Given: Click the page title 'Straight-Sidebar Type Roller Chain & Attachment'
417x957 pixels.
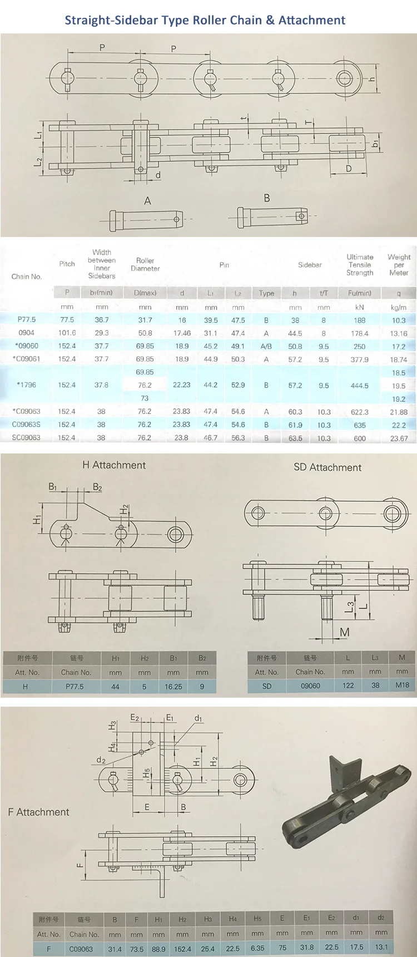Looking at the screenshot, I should click(205, 20).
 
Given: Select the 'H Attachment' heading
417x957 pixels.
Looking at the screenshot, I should click(114, 465).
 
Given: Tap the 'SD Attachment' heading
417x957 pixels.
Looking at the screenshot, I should click(327, 467).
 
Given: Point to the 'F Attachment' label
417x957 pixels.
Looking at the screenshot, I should click(39, 812).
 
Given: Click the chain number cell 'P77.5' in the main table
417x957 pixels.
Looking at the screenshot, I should click(26, 319).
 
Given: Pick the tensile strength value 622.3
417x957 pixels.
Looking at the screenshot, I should click(360, 412).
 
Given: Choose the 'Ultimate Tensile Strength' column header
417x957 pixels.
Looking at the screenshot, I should click(360, 265).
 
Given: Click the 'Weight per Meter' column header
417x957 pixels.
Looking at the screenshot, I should click(399, 265).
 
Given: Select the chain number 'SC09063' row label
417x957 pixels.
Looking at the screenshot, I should click(26, 438).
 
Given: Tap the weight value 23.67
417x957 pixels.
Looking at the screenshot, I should click(399, 438).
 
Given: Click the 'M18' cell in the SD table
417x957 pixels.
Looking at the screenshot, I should click(402, 685).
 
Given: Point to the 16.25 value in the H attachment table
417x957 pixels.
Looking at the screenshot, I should click(173, 687).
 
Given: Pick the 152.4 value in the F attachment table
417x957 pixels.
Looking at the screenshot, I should click(182, 948).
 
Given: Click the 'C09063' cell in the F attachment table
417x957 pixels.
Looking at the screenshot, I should click(81, 949).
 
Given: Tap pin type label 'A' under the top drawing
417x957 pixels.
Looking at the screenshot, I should click(147, 200).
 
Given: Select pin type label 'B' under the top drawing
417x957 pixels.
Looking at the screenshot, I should click(267, 198).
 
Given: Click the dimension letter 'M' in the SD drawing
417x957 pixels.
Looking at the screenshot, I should click(345, 632).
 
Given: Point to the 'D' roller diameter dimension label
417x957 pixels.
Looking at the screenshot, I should click(349, 169).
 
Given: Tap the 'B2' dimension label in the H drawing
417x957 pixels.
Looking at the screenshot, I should click(97, 487).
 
